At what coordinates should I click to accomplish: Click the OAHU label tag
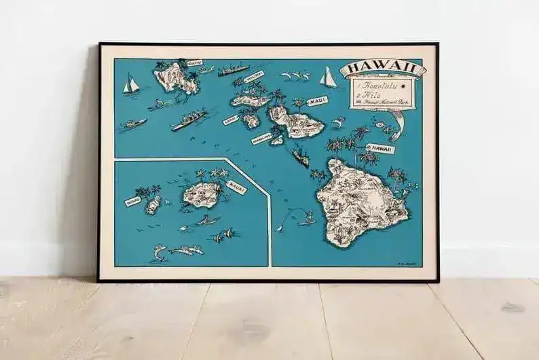pos(194,63)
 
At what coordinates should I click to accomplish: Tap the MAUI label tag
pos(317,101)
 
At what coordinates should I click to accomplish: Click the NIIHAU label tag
pos(132,201)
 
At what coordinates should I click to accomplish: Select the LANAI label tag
pos(230,120)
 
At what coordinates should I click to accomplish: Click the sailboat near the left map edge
pos(131,84)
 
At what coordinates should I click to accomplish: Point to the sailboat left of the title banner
pos(329,77)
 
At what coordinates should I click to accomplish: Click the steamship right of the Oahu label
pos(233,69)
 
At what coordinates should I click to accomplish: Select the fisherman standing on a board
pos(307,218)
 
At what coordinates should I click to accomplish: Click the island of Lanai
pos(250,120)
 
